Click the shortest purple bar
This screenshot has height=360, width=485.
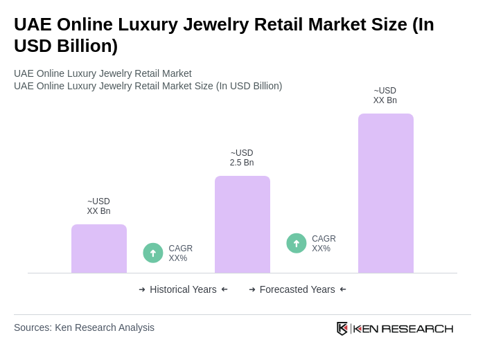[99, 249]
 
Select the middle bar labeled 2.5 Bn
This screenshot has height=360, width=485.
[242, 224]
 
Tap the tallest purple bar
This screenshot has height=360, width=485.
[385, 193]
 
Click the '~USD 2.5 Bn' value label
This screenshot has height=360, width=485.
[242, 158]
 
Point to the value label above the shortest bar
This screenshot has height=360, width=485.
[98, 206]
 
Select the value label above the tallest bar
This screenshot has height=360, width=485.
[385, 96]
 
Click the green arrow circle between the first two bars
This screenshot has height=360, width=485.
[153, 253]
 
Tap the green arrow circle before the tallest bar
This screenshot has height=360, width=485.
[297, 243]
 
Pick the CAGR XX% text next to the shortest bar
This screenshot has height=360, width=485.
[180, 253]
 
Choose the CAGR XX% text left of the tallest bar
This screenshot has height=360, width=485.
[324, 244]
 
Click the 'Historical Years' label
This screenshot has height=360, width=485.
[183, 289]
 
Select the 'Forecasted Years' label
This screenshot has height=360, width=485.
[297, 289]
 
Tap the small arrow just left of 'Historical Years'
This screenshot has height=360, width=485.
[142, 289]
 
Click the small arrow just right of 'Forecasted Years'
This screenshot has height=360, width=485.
[343, 289]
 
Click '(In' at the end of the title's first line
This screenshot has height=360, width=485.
[423, 24]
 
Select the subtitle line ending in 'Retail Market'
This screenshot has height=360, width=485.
[103, 73]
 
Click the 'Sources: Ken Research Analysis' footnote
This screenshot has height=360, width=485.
[84, 327]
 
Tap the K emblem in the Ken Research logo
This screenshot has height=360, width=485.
[342, 328]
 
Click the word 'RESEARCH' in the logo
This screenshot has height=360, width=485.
[417, 328]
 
